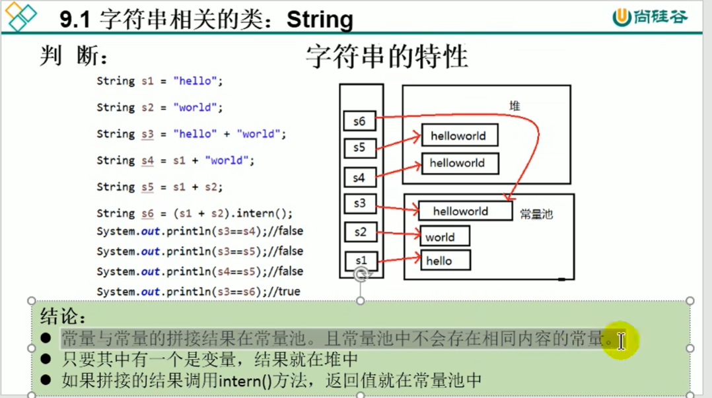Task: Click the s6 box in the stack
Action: click(x=359, y=121)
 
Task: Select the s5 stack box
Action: click(x=359, y=148)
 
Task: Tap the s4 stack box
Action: click(x=359, y=178)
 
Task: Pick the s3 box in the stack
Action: click(x=359, y=204)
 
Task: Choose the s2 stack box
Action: click(x=359, y=232)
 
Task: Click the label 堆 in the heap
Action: click(x=515, y=106)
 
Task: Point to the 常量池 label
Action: click(x=536, y=214)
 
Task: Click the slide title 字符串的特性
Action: click(x=386, y=57)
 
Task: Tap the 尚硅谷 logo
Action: click(x=650, y=17)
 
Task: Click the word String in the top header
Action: click(x=320, y=20)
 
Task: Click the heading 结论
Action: click(x=63, y=315)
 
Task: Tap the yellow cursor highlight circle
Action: click(x=620, y=341)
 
